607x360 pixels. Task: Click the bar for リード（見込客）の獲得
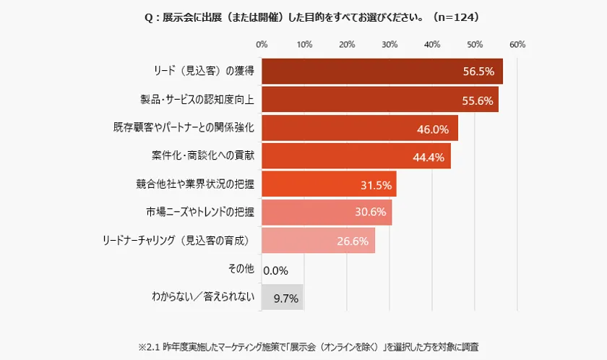click(x=382, y=72)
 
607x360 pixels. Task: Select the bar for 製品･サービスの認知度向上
click(x=379, y=100)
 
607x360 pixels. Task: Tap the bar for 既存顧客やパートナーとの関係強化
click(x=359, y=128)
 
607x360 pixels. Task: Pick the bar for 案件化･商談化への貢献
click(x=356, y=156)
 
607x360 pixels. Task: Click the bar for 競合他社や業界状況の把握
click(x=328, y=184)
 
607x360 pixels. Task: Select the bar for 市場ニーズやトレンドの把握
click(x=326, y=213)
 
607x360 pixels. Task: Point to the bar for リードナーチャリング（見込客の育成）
click(x=318, y=241)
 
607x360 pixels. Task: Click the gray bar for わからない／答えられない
click(x=282, y=297)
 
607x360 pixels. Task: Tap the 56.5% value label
click(x=478, y=72)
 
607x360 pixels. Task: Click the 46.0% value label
click(x=434, y=130)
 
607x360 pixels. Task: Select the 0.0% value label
click(x=276, y=271)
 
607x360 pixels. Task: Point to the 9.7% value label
click(x=285, y=297)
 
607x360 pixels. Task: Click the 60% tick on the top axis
click(x=517, y=44)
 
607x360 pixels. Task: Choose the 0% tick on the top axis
click(x=262, y=44)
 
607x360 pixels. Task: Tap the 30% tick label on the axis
click(x=389, y=44)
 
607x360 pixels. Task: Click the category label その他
click(x=241, y=269)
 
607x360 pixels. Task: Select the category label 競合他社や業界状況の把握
click(x=196, y=184)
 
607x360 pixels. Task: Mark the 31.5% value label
click(x=376, y=186)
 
